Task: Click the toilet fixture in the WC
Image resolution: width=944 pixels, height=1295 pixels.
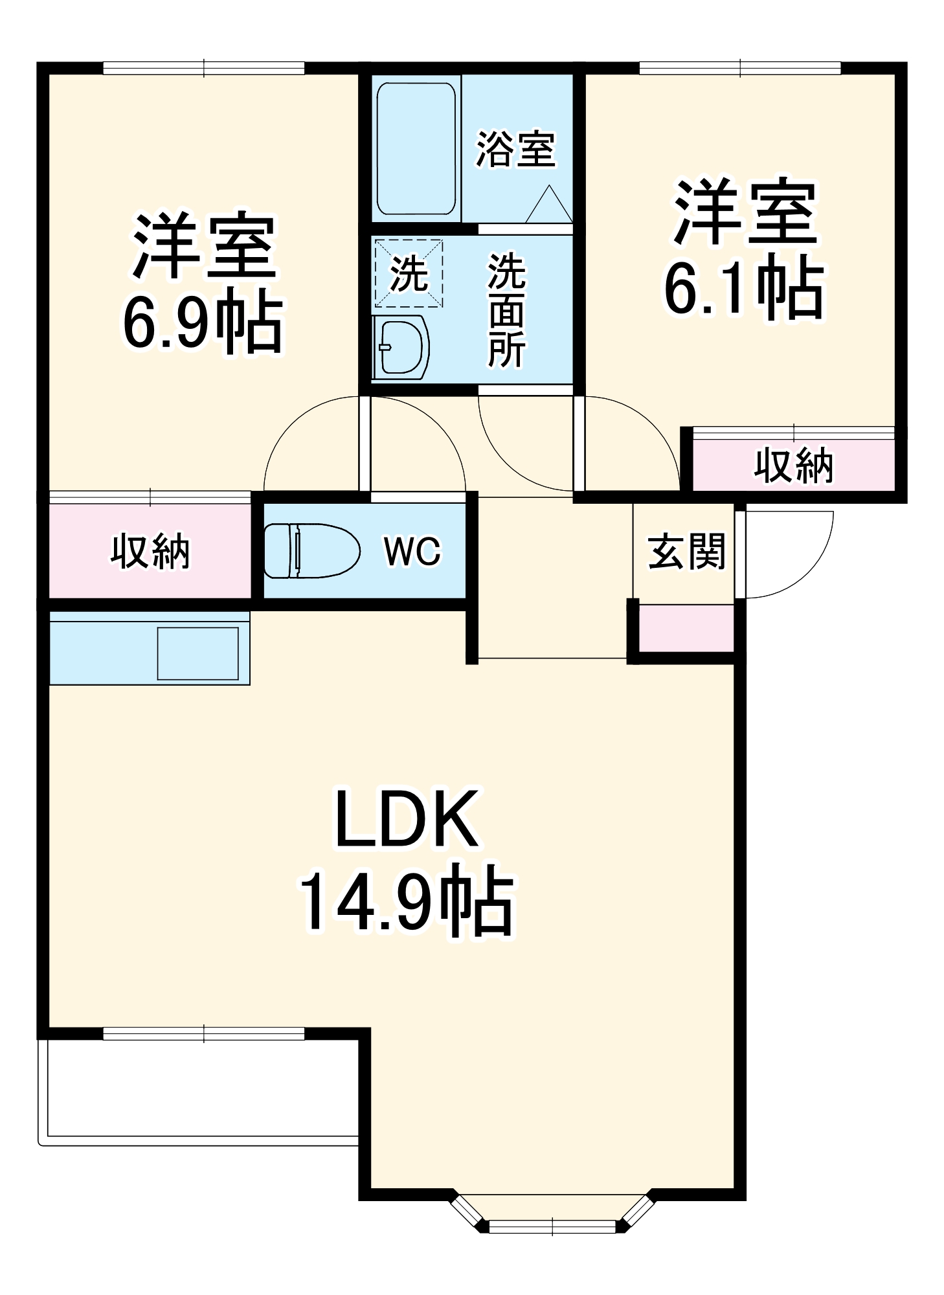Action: pos(311,550)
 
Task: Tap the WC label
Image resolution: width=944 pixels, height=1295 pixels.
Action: pos(412,552)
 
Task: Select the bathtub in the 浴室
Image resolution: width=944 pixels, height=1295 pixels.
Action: pos(416,148)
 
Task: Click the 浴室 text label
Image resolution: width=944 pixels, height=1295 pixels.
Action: pos(516,150)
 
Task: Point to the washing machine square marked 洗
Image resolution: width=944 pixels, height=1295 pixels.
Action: pos(409,273)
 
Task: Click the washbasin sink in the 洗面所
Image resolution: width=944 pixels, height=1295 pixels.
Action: pos(401,348)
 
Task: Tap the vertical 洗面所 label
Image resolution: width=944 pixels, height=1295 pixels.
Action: pos(506,311)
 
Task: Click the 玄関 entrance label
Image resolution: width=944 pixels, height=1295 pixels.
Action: pos(687,552)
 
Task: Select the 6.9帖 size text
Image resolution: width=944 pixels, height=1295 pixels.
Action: pos(204,324)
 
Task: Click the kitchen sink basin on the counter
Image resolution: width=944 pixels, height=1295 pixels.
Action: pos(198,653)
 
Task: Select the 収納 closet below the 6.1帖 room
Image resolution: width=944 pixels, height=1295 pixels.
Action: pos(794,466)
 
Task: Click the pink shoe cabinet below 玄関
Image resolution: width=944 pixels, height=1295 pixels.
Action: pos(686,628)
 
